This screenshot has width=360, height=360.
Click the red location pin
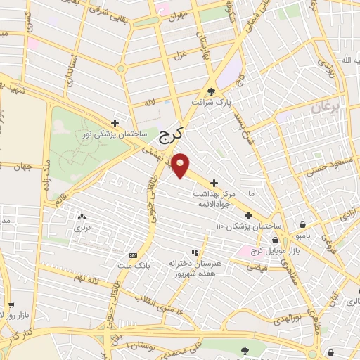point(181,165)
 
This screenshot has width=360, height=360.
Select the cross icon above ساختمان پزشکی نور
point(124,122)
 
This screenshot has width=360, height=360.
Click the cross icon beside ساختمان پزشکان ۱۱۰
point(247,215)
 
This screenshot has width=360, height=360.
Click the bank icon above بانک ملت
point(134,255)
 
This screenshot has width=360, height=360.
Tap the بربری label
point(83,229)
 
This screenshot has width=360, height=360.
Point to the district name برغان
point(325,109)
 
